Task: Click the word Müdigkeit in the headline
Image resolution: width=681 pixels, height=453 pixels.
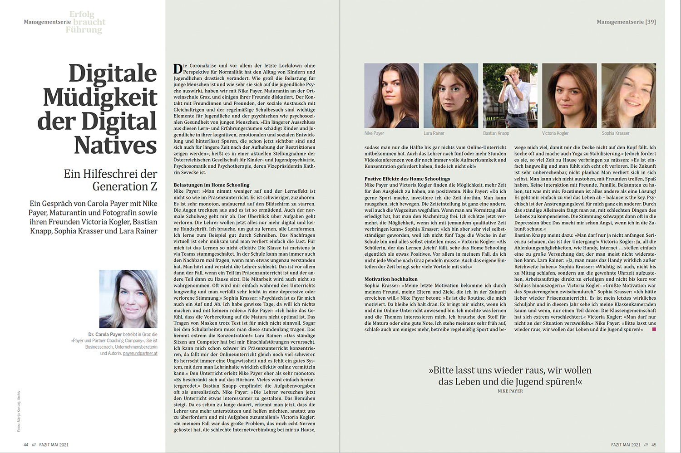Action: pyautogui.click(x=100, y=97)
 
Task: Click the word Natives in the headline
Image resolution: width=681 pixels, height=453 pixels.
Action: pyautogui.click(x=115, y=146)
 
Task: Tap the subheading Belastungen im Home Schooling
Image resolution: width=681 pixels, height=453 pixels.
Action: pyautogui.click(x=212, y=185)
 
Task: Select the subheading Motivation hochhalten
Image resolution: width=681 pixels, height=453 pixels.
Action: pyautogui.click(x=391, y=279)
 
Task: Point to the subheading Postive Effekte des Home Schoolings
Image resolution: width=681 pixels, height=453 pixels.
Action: pyautogui.click(x=407, y=179)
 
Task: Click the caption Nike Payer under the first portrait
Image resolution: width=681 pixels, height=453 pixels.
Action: pyautogui.click(x=374, y=133)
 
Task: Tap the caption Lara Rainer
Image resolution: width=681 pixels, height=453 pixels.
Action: pyautogui.click(x=434, y=133)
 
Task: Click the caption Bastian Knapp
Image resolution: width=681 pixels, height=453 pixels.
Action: pyautogui.click(x=496, y=133)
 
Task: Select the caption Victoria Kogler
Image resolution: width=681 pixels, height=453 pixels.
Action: pyautogui.click(x=555, y=133)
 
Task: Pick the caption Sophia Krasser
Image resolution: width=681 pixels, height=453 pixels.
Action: pyautogui.click(x=616, y=133)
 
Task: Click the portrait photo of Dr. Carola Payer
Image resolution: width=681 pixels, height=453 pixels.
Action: pyautogui.click(x=128, y=299)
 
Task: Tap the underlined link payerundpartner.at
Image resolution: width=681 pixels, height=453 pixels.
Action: pyautogui.click(x=140, y=353)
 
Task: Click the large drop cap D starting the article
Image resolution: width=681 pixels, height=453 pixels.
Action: pyautogui.click(x=178, y=69)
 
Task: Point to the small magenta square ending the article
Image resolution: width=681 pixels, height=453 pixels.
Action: pyautogui.click(x=654, y=330)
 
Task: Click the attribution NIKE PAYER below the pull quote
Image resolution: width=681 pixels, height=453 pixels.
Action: pyautogui.click(x=510, y=391)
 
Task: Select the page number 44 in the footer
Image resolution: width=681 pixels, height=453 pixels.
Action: pyautogui.click(x=26, y=445)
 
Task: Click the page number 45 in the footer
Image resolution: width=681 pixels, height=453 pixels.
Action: pyautogui.click(x=654, y=445)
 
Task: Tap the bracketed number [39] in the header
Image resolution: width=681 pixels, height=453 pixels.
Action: pyautogui.click(x=651, y=22)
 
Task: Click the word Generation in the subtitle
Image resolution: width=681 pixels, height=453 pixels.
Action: pyautogui.click(x=119, y=186)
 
